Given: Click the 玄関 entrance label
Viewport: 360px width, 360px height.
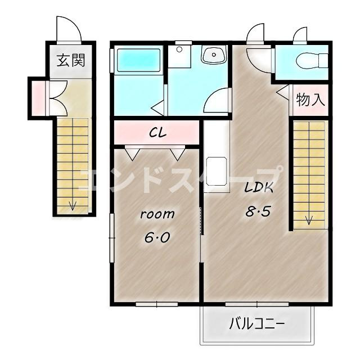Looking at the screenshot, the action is tap(71, 60).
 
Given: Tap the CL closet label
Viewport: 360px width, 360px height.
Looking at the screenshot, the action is tap(157, 133).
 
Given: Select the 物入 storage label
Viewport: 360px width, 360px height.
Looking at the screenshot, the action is tap(310, 100).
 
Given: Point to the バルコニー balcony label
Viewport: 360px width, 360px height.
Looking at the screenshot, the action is tap(257, 324).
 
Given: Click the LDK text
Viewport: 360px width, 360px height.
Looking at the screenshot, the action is tap(259, 187).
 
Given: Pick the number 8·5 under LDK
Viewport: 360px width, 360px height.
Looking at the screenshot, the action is tap(259, 211).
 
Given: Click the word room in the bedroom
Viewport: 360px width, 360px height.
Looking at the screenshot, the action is tap(157, 214).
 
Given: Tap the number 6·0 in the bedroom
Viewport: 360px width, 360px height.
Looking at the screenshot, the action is tap(157, 237).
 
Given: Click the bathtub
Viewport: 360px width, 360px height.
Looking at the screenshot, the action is tap(139, 60).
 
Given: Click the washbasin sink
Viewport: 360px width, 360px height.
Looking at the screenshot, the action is tap(214, 55).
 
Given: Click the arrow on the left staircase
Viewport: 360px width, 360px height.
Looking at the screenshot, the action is tap(73, 206).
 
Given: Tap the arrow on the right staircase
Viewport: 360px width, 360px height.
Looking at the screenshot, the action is tap(309, 220).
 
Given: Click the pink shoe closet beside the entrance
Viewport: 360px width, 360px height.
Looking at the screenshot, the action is tap(38, 98).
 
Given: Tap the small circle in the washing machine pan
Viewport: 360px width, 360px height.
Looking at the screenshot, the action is tap(179, 49).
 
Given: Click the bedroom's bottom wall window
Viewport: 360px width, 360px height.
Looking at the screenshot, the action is tap(157, 304).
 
